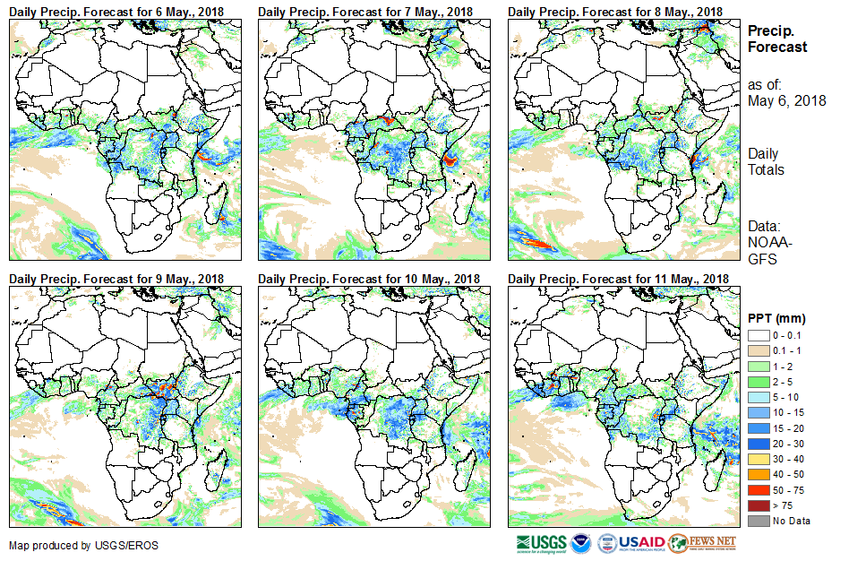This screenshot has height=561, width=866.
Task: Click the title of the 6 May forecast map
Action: (x=117, y=11)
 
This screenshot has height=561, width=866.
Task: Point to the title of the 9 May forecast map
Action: (x=117, y=279)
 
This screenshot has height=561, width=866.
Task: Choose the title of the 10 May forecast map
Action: (x=369, y=279)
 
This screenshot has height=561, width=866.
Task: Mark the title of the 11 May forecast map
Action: (x=618, y=279)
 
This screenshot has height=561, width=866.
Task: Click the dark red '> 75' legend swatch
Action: (x=757, y=506)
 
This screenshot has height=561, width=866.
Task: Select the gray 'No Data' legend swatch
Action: (x=757, y=521)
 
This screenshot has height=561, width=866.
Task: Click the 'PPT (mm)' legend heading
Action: (x=776, y=318)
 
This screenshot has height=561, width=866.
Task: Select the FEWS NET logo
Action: (x=703, y=543)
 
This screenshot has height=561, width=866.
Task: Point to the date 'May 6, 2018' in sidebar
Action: (x=786, y=100)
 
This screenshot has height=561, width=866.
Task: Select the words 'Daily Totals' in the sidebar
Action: (x=767, y=161)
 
